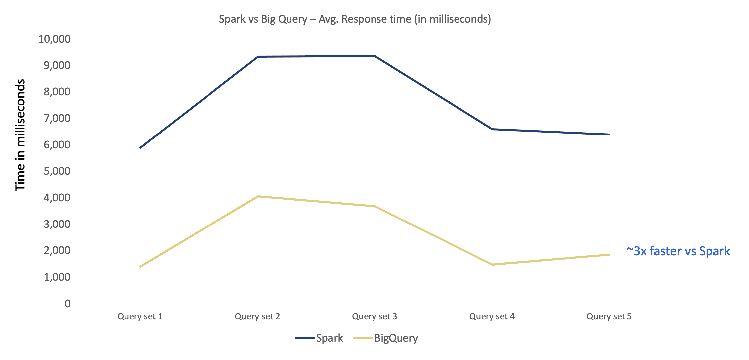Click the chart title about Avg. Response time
pyautogui.click(x=355, y=19)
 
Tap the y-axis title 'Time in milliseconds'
pyautogui.click(x=20, y=135)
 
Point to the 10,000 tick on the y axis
pyautogui.click(x=54, y=39)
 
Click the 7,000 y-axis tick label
pyautogui.click(x=57, y=118)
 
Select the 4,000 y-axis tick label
pyautogui.click(x=57, y=198)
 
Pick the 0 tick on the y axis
pyautogui.click(x=68, y=303)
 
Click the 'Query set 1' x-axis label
pyautogui.click(x=140, y=316)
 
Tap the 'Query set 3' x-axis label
pyautogui.click(x=374, y=316)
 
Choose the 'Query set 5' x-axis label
pyautogui.click(x=609, y=316)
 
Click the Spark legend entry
pyautogui.click(x=319, y=338)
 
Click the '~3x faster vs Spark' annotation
pyautogui.click(x=678, y=251)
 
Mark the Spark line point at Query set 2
pyautogui.click(x=258, y=57)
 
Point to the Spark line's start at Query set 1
pyautogui.click(x=140, y=147)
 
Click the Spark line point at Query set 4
pyautogui.click(x=492, y=129)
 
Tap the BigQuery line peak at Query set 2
pyautogui.click(x=258, y=196)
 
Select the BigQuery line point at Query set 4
pyautogui.click(x=492, y=265)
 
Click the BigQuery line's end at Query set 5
pyautogui.click(x=609, y=255)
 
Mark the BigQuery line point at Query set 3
pyautogui.click(x=375, y=206)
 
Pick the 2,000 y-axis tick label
pyautogui.click(x=57, y=250)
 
